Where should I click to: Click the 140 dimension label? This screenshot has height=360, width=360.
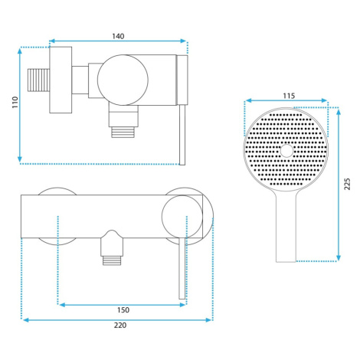coord(118,36)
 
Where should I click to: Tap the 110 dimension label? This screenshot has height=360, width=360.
coord(15,102)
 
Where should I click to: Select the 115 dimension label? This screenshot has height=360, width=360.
coord(289,96)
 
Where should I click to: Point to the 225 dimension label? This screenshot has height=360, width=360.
coord(347,184)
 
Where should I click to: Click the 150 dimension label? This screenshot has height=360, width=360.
coord(123,310)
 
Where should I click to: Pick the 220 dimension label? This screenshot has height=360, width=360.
coord(120,326)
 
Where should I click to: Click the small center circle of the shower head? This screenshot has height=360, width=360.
coord(286,150)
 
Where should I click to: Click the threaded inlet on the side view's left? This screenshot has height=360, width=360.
coord(38,80)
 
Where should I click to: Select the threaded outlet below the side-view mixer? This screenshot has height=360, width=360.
coord(123,132)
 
